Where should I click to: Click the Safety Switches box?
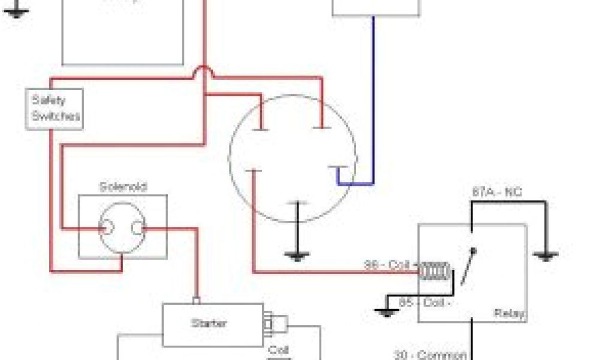pos(54,109)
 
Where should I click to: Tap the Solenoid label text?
pos(123,187)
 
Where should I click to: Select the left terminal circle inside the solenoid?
pos(106,228)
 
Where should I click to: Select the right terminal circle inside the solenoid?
pos(139,228)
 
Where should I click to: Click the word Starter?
pos(209,323)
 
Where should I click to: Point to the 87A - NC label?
pos(496,193)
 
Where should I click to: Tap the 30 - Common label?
pos(430,355)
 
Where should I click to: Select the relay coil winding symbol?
pos(433,271)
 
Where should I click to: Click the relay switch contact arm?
pos(468,267)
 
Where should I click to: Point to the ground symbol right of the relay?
pos(545,256)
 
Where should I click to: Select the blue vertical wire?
pos(373,96)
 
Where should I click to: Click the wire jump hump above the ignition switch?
pos(204,71)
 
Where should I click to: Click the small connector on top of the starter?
pos(195,300)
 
